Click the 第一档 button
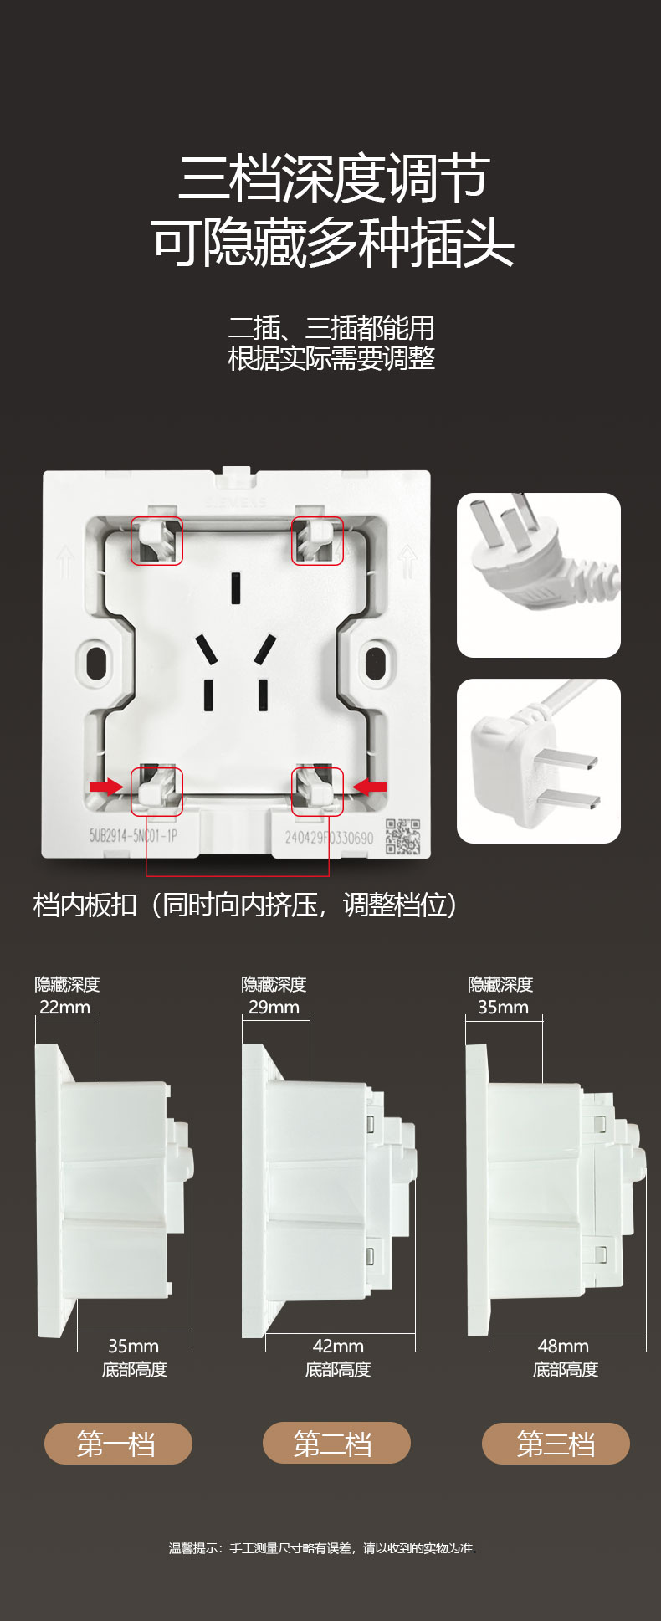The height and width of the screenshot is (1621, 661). pyautogui.click(x=118, y=1444)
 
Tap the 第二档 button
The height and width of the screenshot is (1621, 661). pyautogui.click(x=336, y=1444)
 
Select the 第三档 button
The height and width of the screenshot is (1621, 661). pyautogui.click(x=556, y=1444)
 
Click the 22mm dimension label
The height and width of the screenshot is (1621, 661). pyautogui.click(x=65, y=1008)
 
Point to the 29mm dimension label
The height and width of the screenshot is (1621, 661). pyautogui.click(x=274, y=1008)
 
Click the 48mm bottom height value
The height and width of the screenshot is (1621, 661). pyautogui.click(x=563, y=1347)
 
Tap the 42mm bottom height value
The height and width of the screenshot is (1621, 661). pyautogui.click(x=338, y=1347)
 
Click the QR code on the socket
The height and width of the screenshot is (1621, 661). pyautogui.click(x=402, y=837)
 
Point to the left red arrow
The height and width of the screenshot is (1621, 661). pyautogui.click(x=106, y=787)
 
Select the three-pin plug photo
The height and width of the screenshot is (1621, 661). pyautogui.click(x=539, y=575)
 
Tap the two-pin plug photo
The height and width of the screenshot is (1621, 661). pyautogui.click(x=539, y=761)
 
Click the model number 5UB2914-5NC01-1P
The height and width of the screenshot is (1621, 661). pyautogui.click(x=133, y=835)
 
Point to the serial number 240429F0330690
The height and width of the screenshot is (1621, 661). pyautogui.click(x=329, y=837)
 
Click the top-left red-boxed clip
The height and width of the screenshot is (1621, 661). pyautogui.click(x=156, y=541)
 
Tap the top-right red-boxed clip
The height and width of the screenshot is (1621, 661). pyautogui.click(x=317, y=541)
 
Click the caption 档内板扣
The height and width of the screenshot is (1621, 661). pyautogui.click(x=85, y=905)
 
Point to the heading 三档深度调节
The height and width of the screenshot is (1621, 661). pyautogui.click(x=334, y=178)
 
